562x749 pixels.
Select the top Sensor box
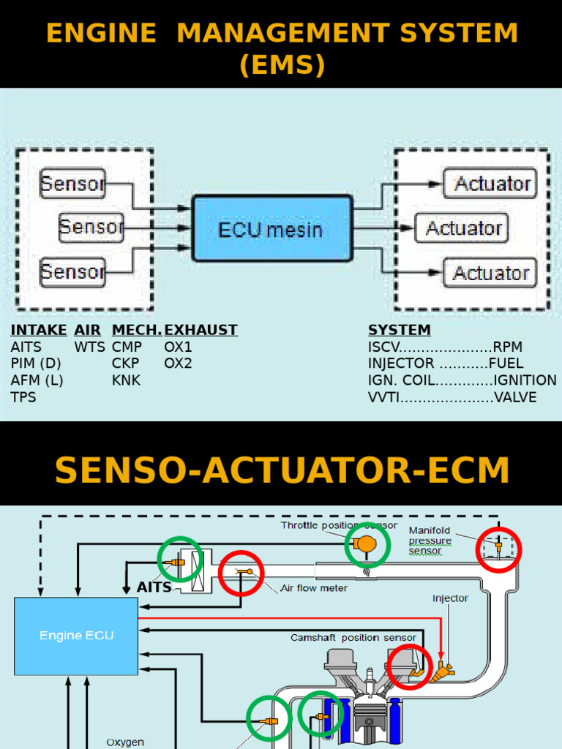point(72,184)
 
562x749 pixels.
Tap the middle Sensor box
point(91,227)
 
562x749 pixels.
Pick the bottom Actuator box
point(491,273)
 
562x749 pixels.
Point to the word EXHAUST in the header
point(201,330)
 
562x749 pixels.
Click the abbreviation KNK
point(126,380)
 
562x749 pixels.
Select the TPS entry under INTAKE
point(23,398)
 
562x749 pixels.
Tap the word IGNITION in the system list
point(525,380)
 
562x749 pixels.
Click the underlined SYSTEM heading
point(399,330)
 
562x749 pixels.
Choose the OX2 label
point(178,364)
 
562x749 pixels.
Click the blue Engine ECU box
point(76,635)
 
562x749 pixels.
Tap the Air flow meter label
point(314,587)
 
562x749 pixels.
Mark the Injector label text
point(450,598)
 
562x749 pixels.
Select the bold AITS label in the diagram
point(154,587)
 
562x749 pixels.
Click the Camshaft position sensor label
point(353,638)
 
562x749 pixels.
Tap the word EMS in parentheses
point(282,64)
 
